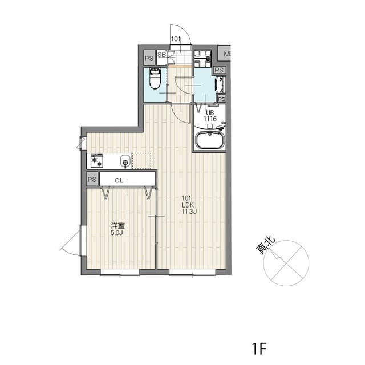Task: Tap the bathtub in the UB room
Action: click(210, 140)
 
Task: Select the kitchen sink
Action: click(125, 161)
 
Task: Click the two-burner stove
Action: click(96, 161)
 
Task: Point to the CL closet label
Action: click(119, 180)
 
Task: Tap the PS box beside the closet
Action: click(92, 180)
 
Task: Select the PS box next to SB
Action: click(148, 58)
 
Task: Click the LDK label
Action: click(189, 205)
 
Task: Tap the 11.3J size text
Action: click(189, 212)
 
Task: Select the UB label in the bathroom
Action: click(210, 113)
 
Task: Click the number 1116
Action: click(210, 119)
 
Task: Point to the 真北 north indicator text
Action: click(265, 246)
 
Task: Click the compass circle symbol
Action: click(288, 262)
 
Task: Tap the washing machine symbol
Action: click(202, 57)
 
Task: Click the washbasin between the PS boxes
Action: click(220, 85)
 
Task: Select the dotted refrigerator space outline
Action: click(142, 161)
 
